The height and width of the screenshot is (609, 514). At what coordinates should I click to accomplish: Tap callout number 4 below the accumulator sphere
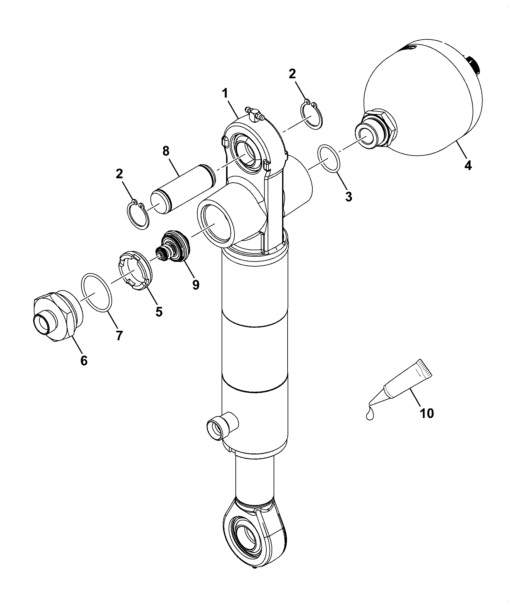point(468,165)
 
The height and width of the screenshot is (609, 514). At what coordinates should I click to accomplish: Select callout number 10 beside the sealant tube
point(427,413)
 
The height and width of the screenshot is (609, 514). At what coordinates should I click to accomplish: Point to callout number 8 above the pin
point(166,151)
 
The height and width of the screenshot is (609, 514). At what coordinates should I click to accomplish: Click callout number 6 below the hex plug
point(84,360)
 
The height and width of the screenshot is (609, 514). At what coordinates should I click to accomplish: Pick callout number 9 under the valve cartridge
point(195,285)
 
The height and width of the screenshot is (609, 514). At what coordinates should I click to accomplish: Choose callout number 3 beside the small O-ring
point(349,196)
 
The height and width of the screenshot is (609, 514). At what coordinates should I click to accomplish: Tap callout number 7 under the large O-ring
point(119,335)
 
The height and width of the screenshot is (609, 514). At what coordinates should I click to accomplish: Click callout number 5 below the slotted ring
point(159,311)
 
